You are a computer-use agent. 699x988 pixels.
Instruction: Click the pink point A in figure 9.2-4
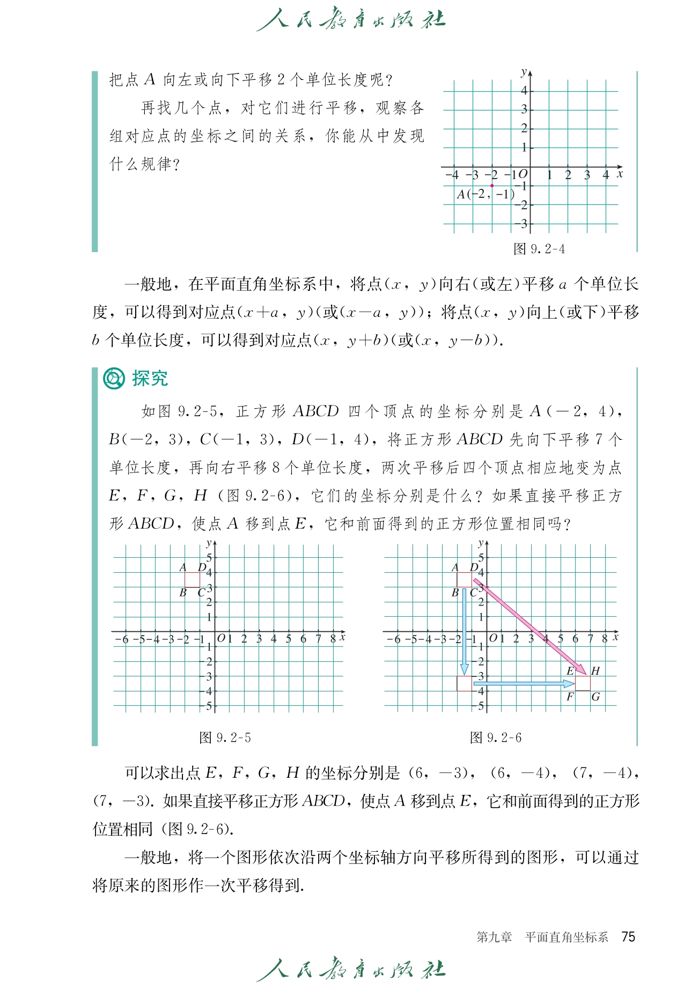click(492, 186)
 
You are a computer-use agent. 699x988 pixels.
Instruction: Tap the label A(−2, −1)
click(485, 195)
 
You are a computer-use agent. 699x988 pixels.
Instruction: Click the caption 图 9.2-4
click(539, 249)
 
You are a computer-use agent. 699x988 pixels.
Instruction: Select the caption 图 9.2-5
click(225, 738)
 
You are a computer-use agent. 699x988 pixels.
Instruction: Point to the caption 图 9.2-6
click(496, 738)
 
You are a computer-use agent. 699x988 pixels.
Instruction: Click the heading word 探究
click(150, 378)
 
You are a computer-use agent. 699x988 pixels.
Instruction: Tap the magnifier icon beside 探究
click(114, 379)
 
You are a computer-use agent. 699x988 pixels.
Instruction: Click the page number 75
click(628, 937)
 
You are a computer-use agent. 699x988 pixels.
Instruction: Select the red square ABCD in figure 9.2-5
click(192, 579)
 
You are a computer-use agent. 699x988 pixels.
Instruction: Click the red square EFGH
click(583, 683)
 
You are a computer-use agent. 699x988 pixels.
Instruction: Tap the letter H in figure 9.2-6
click(595, 670)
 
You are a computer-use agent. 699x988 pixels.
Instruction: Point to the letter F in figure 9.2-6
click(570, 697)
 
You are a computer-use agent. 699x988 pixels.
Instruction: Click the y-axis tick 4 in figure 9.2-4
click(524, 91)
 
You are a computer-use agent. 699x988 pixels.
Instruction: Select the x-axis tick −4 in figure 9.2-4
click(452, 175)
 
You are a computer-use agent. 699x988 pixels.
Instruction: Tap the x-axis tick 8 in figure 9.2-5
click(333, 639)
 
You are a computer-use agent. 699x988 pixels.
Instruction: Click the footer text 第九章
click(494, 937)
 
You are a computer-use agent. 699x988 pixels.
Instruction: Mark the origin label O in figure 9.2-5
click(220, 638)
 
